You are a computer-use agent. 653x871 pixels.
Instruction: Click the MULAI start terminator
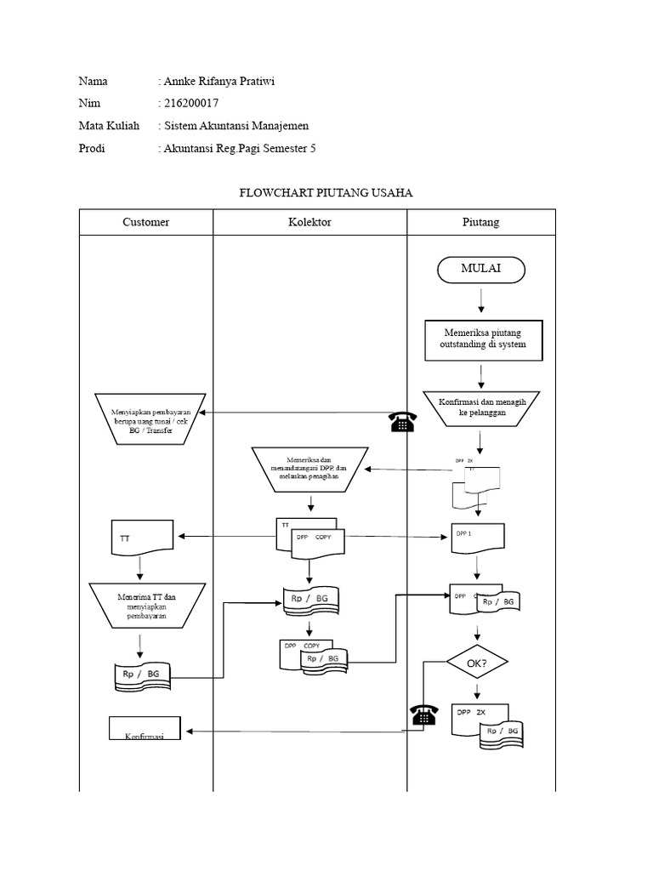(x=480, y=270)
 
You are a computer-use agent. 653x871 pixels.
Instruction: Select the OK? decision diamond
(x=477, y=662)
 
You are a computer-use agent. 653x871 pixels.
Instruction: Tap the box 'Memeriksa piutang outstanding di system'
(x=485, y=339)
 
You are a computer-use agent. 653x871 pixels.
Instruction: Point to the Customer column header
(x=145, y=222)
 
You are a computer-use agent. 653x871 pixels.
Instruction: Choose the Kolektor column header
(x=309, y=222)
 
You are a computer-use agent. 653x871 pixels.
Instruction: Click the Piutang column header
(x=481, y=222)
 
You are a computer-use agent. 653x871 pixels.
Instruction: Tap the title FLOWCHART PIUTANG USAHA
(x=325, y=193)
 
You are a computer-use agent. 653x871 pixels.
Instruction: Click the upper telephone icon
(x=400, y=422)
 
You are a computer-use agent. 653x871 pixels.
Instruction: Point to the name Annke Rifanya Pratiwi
(x=219, y=82)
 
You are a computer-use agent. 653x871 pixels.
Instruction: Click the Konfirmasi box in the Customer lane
(x=145, y=728)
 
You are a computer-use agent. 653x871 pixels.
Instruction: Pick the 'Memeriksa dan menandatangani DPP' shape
(x=309, y=468)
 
